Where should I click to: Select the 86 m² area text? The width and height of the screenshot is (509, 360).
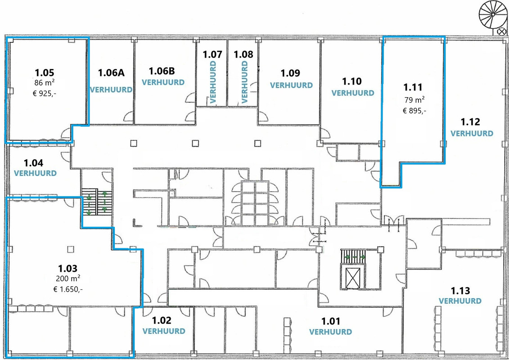tap(44, 83)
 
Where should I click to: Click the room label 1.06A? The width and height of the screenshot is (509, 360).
tap(111, 72)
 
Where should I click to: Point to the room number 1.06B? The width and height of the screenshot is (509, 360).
tap(162, 71)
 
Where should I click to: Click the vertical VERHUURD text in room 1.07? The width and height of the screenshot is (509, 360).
tap(213, 82)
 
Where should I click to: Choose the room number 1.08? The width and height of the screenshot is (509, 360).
tap(243, 54)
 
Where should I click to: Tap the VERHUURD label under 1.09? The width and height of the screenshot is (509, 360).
tap(291, 85)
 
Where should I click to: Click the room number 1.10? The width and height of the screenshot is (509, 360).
tap(352, 81)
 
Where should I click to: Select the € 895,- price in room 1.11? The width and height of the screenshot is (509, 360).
tap(414, 111)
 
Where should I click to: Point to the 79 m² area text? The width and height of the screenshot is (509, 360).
tap(414, 100)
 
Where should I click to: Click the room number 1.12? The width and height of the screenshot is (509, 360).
tap(470, 122)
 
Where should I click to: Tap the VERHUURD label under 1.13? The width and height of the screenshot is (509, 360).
tap(460, 301)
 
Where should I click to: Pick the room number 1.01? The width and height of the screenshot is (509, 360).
tap(331, 321)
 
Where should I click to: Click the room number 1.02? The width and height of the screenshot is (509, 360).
tap(162, 320)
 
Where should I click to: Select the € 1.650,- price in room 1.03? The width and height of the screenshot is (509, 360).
tap(68, 289)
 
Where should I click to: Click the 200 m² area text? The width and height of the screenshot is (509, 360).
tap(68, 279)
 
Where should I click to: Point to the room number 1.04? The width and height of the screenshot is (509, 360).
tap(33, 162)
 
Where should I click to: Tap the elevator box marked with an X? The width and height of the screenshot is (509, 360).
tap(352, 279)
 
